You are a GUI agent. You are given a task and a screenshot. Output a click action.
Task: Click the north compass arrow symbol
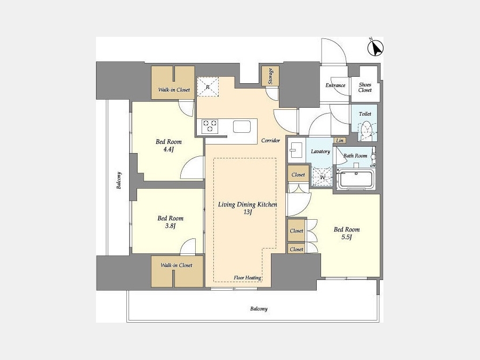coord(375,48)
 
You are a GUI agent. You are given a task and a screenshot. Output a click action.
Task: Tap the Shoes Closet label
coord(365,87)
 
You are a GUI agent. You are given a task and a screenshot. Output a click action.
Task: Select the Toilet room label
coord(365,114)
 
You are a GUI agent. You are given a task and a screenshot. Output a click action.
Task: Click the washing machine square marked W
coord(322,177)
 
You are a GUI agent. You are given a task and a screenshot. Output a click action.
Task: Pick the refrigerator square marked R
coord(207,86)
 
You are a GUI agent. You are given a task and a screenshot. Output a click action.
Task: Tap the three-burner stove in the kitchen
coord(210,126)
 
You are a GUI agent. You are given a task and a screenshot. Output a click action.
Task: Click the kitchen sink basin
coord(242,126)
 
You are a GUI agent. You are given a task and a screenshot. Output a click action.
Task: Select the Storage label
coord(270,76)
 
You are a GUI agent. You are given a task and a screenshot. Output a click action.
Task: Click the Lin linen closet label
coord(340,140)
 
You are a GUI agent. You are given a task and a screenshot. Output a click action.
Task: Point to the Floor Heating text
coord(247,278)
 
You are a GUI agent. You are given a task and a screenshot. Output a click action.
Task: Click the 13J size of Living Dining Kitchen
coord(247,212)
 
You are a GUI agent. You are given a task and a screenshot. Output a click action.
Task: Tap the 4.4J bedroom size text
coord(169,149)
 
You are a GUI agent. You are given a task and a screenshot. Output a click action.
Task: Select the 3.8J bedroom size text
coord(170,226)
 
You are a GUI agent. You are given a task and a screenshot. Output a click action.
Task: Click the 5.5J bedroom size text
coord(346,237)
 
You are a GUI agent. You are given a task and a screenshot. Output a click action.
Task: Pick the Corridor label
coord(270,140)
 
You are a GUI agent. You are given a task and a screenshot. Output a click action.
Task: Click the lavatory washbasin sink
coord(296,150)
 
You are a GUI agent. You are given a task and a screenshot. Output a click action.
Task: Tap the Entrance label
coord(335,85)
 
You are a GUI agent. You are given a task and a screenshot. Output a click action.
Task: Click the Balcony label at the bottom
coord(259,309)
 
